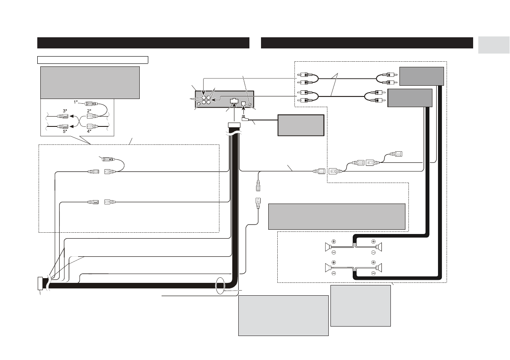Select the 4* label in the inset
pyautogui.click(x=89, y=131)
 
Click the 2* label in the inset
pyautogui.click(x=89, y=111)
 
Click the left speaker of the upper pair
pyautogui.click(x=327, y=247)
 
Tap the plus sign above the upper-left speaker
pyautogui.click(x=333, y=241)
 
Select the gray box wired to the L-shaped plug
pyautogui.click(x=300, y=125)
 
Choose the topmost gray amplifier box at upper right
pyautogui.click(x=421, y=76)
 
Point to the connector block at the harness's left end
pyautogui.click(x=40, y=283)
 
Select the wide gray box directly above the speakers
pyautogui.click(x=336, y=216)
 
